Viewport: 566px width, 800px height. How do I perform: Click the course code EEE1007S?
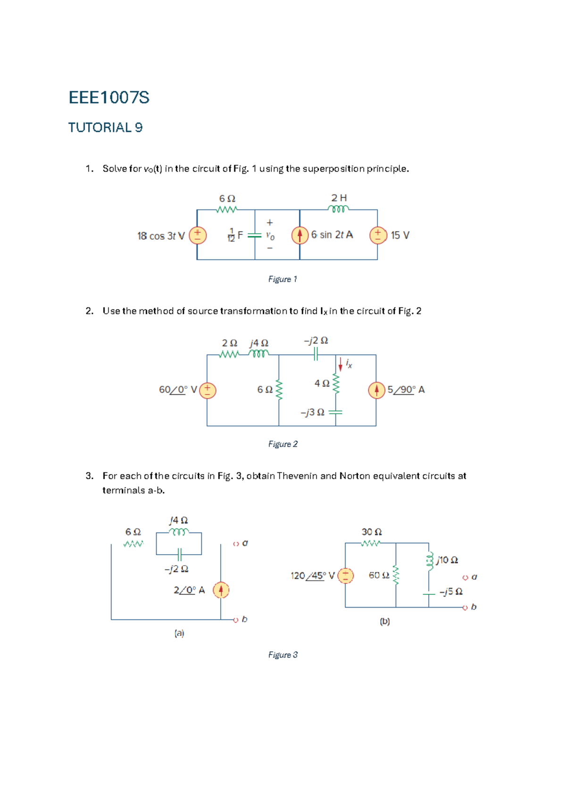pyautogui.click(x=109, y=98)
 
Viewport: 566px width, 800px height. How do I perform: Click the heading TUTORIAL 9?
pyautogui.click(x=105, y=127)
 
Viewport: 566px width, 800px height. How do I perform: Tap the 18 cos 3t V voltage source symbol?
pyautogui.click(x=198, y=235)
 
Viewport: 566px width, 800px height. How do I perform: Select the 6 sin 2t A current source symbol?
pyautogui.click(x=300, y=235)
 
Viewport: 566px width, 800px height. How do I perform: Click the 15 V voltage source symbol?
pyautogui.click(x=378, y=235)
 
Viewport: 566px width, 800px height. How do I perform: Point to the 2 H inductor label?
pyautogui.click(x=339, y=198)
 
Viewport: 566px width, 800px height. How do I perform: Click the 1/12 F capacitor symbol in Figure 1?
pyautogui.click(x=255, y=235)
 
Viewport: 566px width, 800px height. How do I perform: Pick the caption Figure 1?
pyautogui.click(x=283, y=279)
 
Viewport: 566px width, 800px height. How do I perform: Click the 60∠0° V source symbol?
pyautogui.click(x=208, y=390)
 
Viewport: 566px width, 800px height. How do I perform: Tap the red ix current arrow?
pyautogui.click(x=341, y=364)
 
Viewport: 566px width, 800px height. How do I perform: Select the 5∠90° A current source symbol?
pyautogui.click(x=376, y=390)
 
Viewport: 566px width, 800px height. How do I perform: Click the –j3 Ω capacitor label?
pyautogui.click(x=312, y=412)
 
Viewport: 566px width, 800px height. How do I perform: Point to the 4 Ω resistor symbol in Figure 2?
pyautogui.click(x=336, y=383)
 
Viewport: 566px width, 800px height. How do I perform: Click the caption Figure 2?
pyautogui.click(x=283, y=444)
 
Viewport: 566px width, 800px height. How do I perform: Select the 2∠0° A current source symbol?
pyautogui.click(x=221, y=590)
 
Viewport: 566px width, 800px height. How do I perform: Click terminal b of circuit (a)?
pyautogui.click(x=236, y=620)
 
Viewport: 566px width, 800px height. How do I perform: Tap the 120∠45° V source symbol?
pyautogui.click(x=345, y=575)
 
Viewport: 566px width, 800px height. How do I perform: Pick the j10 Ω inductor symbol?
pyautogui.click(x=429, y=561)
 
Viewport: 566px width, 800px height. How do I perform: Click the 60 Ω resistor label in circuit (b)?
pyautogui.click(x=379, y=575)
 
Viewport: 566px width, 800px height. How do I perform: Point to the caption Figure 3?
pyautogui.click(x=283, y=655)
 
